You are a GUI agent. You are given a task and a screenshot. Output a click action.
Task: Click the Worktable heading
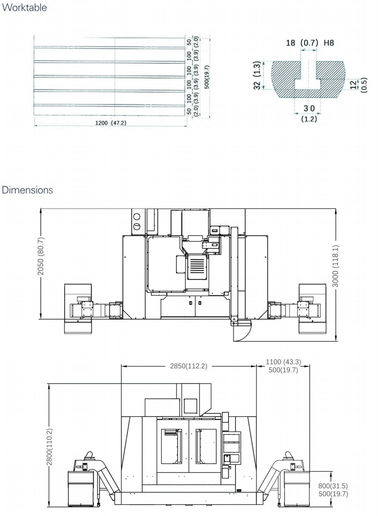(x=24, y=8)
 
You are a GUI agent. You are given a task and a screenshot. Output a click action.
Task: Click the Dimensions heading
(x=27, y=190)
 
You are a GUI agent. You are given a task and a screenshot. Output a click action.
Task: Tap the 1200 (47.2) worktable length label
(x=111, y=123)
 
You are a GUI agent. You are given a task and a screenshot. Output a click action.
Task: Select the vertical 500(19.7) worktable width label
(x=207, y=77)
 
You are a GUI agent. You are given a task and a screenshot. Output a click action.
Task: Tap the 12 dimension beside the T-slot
(x=353, y=85)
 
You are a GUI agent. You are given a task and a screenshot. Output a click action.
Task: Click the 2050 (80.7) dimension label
(x=40, y=256)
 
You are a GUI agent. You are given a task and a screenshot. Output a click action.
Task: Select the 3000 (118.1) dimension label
(x=335, y=266)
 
